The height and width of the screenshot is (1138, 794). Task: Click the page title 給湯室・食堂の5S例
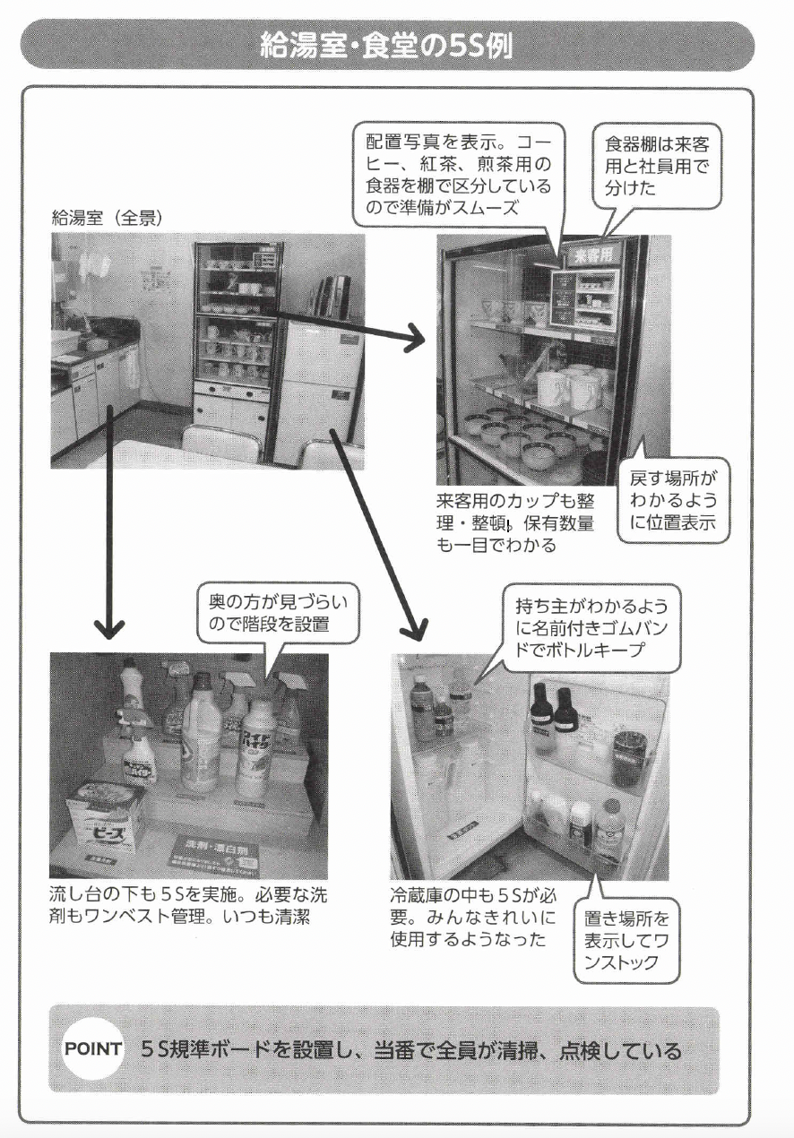pyautogui.click(x=386, y=45)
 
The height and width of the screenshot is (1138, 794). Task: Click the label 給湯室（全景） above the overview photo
pyautogui.click(x=107, y=218)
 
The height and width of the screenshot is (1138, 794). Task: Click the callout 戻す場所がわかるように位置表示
pyautogui.click(x=673, y=502)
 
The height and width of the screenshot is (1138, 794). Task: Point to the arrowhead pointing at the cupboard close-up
pyautogui.click(x=414, y=338)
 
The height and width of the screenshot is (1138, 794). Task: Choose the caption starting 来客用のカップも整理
pyautogui.click(x=515, y=522)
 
